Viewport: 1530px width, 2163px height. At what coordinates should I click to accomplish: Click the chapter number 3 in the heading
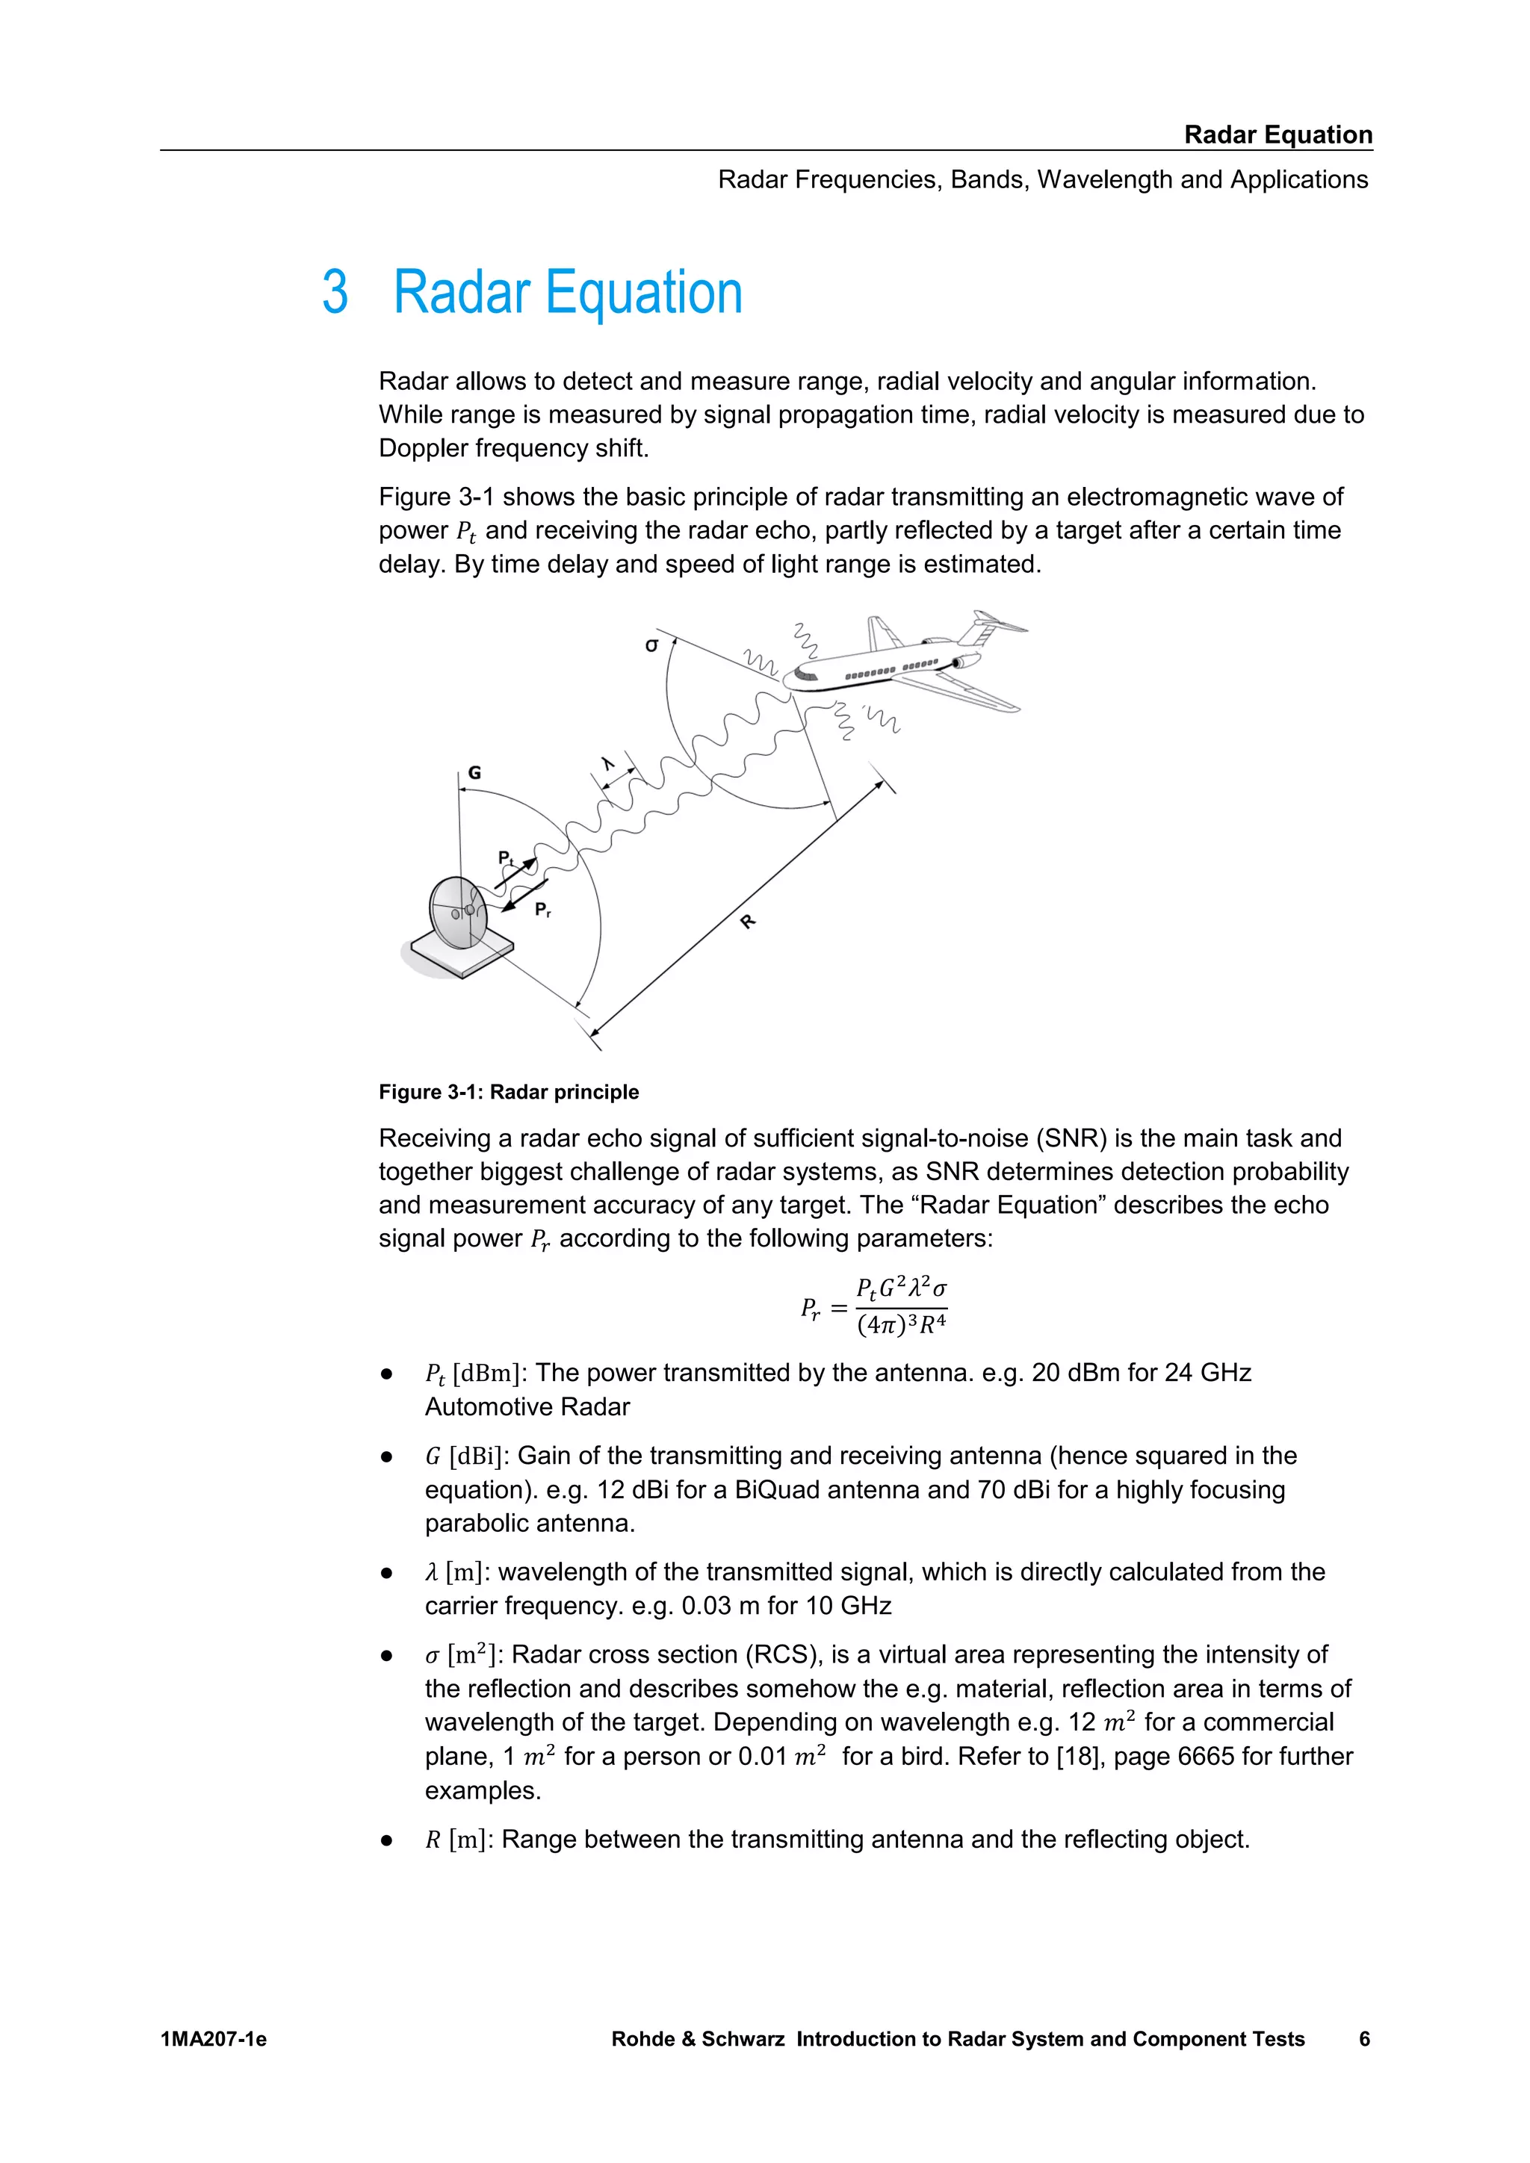pyautogui.click(x=335, y=292)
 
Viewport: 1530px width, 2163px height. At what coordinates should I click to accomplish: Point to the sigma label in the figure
pyautogui.click(x=651, y=645)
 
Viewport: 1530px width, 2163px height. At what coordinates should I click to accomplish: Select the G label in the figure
pyautogui.click(x=475, y=772)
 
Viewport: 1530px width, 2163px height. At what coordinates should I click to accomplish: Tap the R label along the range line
pyautogui.click(x=748, y=922)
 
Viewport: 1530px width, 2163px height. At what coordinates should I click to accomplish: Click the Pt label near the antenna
pyautogui.click(x=506, y=857)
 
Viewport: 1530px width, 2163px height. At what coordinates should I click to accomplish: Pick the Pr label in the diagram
pyautogui.click(x=542, y=909)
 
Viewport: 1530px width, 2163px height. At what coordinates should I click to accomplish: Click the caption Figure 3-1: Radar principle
pyautogui.click(x=508, y=1092)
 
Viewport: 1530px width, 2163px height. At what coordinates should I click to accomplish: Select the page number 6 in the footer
pyautogui.click(x=1363, y=2039)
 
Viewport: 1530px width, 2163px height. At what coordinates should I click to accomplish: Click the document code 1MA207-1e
pyautogui.click(x=214, y=2039)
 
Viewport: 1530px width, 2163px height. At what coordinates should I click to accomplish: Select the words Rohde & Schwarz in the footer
pyautogui.click(x=697, y=2039)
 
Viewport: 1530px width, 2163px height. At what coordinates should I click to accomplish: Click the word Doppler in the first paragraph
pyautogui.click(x=423, y=447)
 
